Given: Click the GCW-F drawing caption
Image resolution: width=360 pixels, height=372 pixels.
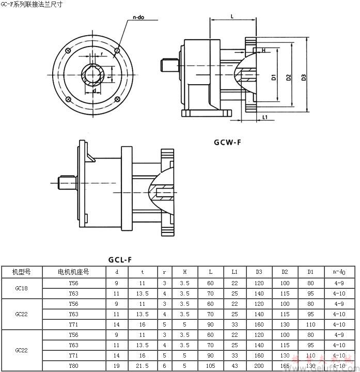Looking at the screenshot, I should pos(227,143).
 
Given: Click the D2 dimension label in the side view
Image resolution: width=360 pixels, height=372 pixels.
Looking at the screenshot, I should pos(289,78).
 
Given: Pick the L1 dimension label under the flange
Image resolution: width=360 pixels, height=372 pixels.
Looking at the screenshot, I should pos(264,117).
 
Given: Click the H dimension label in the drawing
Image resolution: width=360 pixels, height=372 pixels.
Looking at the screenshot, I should pos(263,51).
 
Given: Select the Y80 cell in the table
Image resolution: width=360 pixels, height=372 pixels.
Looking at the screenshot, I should pos(73,366).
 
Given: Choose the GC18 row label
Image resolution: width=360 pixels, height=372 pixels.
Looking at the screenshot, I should pos(21,288).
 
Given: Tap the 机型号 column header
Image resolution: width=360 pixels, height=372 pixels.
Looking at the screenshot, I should pos(21,271).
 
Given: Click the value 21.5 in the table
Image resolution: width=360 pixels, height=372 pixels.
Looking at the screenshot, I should pos(142,366).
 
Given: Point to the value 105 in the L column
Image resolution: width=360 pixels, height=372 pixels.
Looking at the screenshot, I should pos(210,366).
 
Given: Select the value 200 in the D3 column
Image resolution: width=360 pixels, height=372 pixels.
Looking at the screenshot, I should pos(259,366).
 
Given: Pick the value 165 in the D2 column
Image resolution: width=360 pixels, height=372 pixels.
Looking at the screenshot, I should pos(285,366).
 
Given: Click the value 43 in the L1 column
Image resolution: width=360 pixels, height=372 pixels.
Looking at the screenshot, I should pos(234,366).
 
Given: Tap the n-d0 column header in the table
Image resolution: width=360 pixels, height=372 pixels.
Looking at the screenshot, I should pos(339,271).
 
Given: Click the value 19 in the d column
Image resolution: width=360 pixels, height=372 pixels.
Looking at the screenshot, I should pos(117,366).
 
